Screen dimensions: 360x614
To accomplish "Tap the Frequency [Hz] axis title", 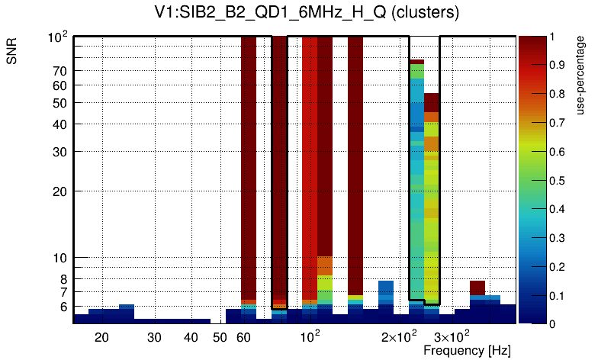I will click(x=467, y=350).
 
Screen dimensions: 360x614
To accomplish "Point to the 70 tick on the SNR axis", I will click(x=60, y=71).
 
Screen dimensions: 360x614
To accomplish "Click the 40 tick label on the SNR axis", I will click(x=60, y=124).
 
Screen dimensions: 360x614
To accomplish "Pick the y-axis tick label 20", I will click(x=60, y=191).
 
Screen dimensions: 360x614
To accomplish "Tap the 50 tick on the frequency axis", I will click(x=220, y=337).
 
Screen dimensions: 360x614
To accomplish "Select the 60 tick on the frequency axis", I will click(x=243, y=337).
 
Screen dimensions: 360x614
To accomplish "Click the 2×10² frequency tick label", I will click(x=399, y=336).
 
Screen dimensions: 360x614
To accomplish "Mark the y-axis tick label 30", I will click(x=60, y=152).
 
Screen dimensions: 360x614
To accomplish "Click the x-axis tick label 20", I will click(x=101, y=337).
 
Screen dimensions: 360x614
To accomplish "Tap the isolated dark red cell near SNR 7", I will click(x=477, y=288).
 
